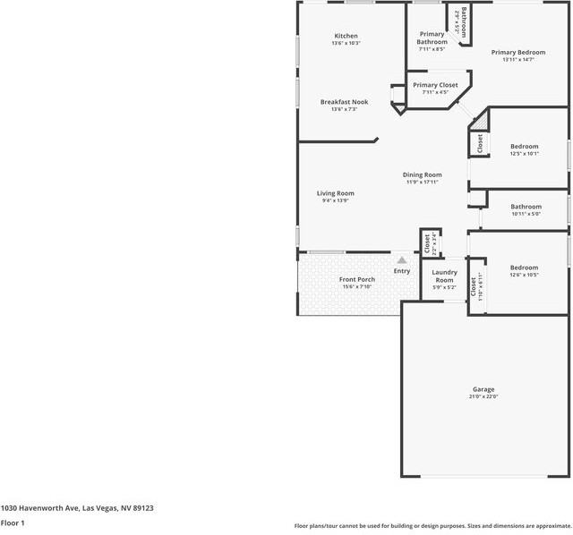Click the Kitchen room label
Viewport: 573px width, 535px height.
pyautogui.click(x=346, y=36)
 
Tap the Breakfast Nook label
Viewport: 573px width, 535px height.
pyautogui.click(x=345, y=102)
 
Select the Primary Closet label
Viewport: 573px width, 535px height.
pyautogui.click(x=435, y=85)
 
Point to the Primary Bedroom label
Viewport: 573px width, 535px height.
pyautogui.click(x=517, y=53)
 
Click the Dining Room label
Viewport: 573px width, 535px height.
pyautogui.click(x=422, y=174)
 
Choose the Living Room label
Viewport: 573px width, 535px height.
pyautogui.click(x=335, y=193)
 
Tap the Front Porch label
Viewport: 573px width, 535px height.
pyautogui.click(x=357, y=280)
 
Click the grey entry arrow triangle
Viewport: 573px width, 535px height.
pyautogui.click(x=402, y=260)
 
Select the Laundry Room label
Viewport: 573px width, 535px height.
pyautogui.click(x=445, y=276)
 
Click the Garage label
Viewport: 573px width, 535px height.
pyautogui.click(x=483, y=389)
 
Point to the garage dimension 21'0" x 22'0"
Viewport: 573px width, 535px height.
pyautogui.click(x=483, y=396)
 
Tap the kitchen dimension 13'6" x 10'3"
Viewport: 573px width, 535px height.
pyautogui.click(x=346, y=43)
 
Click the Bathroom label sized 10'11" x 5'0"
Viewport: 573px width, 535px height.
pyautogui.click(x=526, y=207)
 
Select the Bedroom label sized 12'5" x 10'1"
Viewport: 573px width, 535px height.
pyautogui.click(x=525, y=147)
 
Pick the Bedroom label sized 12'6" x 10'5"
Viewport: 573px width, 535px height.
pyautogui.click(x=524, y=267)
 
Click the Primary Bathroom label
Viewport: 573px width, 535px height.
pyautogui.click(x=432, y=38)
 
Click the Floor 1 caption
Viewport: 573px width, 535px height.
pyautogui.click(x=13, y=522)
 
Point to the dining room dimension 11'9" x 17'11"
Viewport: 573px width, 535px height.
pyautogui.click(x=422, y=182)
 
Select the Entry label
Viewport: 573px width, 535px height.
pyautogui.click(x=402, y=271)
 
